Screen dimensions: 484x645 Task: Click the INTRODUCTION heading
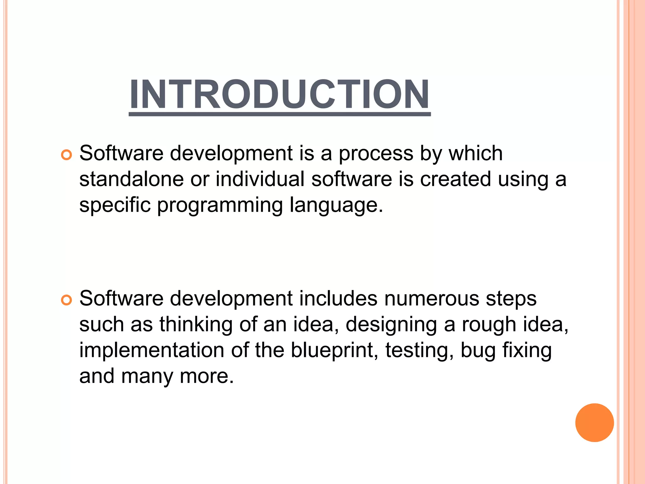click(x=280, y=94)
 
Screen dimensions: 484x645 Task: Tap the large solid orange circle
click(x=594, y=423)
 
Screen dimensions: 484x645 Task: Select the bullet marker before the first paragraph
click(x=66, y=155)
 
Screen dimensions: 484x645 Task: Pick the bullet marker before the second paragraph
click(x=66, y=300)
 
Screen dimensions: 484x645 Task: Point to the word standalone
click(x=131, y=179)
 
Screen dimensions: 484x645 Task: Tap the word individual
click(x=260, y=179)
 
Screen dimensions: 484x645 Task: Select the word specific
click(x=115, y=205)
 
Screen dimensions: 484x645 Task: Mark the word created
click(x=455, y=179)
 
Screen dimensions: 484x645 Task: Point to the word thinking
click(x=196, y=325)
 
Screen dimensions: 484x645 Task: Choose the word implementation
click(x=151, y=350)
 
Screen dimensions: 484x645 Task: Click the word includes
click(x=338, y=298)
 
